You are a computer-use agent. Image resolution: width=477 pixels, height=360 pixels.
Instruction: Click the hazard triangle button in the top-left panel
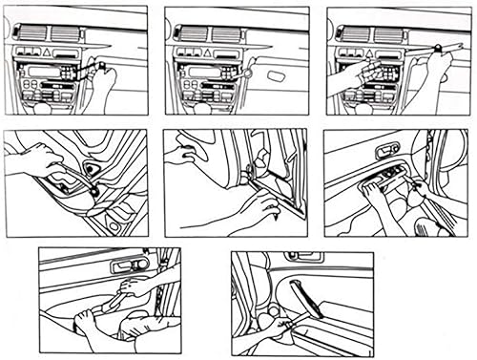(x=54, y=53)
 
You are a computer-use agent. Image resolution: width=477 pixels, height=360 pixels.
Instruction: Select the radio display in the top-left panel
(x=47, y=73)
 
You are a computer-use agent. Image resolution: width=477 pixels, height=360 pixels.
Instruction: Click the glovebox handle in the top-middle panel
(x=280, y=74)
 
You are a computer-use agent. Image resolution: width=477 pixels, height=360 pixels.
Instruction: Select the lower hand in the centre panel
(x=256, y=208)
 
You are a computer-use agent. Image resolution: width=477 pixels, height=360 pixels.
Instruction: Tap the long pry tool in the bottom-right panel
(x=312, y=306)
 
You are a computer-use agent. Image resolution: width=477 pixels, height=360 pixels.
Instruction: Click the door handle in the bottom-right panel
(x=305, y=257)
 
